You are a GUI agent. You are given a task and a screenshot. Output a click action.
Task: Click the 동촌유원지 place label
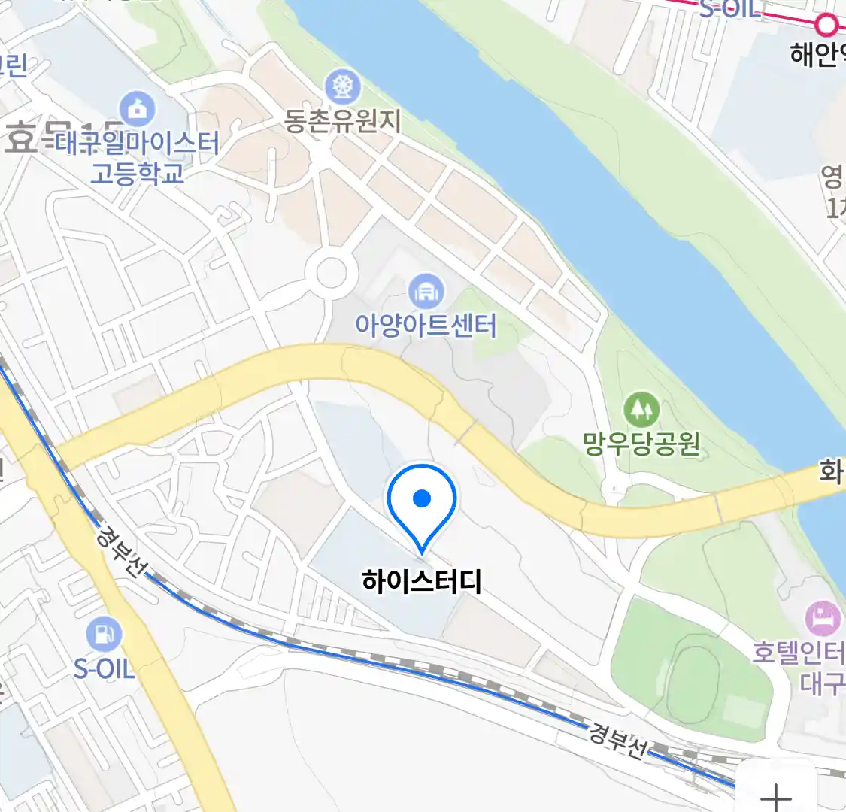pos(343,121)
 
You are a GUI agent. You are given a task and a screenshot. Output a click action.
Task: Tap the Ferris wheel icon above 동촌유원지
pos(343,88)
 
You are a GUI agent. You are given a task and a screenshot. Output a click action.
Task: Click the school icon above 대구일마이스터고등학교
pos(137,109)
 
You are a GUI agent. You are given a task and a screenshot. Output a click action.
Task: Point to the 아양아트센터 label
pos(426,325)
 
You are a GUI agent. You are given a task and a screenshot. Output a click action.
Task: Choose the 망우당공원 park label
pos(641,443)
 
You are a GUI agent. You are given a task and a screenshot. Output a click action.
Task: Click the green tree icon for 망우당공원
pos(641,410)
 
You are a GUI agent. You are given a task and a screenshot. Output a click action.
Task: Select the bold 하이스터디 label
pos(421,581)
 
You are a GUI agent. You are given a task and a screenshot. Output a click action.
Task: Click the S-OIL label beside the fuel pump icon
pos(105,668)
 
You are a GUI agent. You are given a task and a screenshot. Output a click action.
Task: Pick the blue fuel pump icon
pos(104,635)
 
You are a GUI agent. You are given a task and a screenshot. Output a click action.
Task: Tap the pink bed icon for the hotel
pos(823,619)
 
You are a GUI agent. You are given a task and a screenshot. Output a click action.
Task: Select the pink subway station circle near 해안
pos(826,25)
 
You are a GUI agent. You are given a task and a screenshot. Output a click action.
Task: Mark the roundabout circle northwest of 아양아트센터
pos(332,273)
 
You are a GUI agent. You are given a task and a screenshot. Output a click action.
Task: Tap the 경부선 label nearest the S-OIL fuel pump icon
pos(120,551)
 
